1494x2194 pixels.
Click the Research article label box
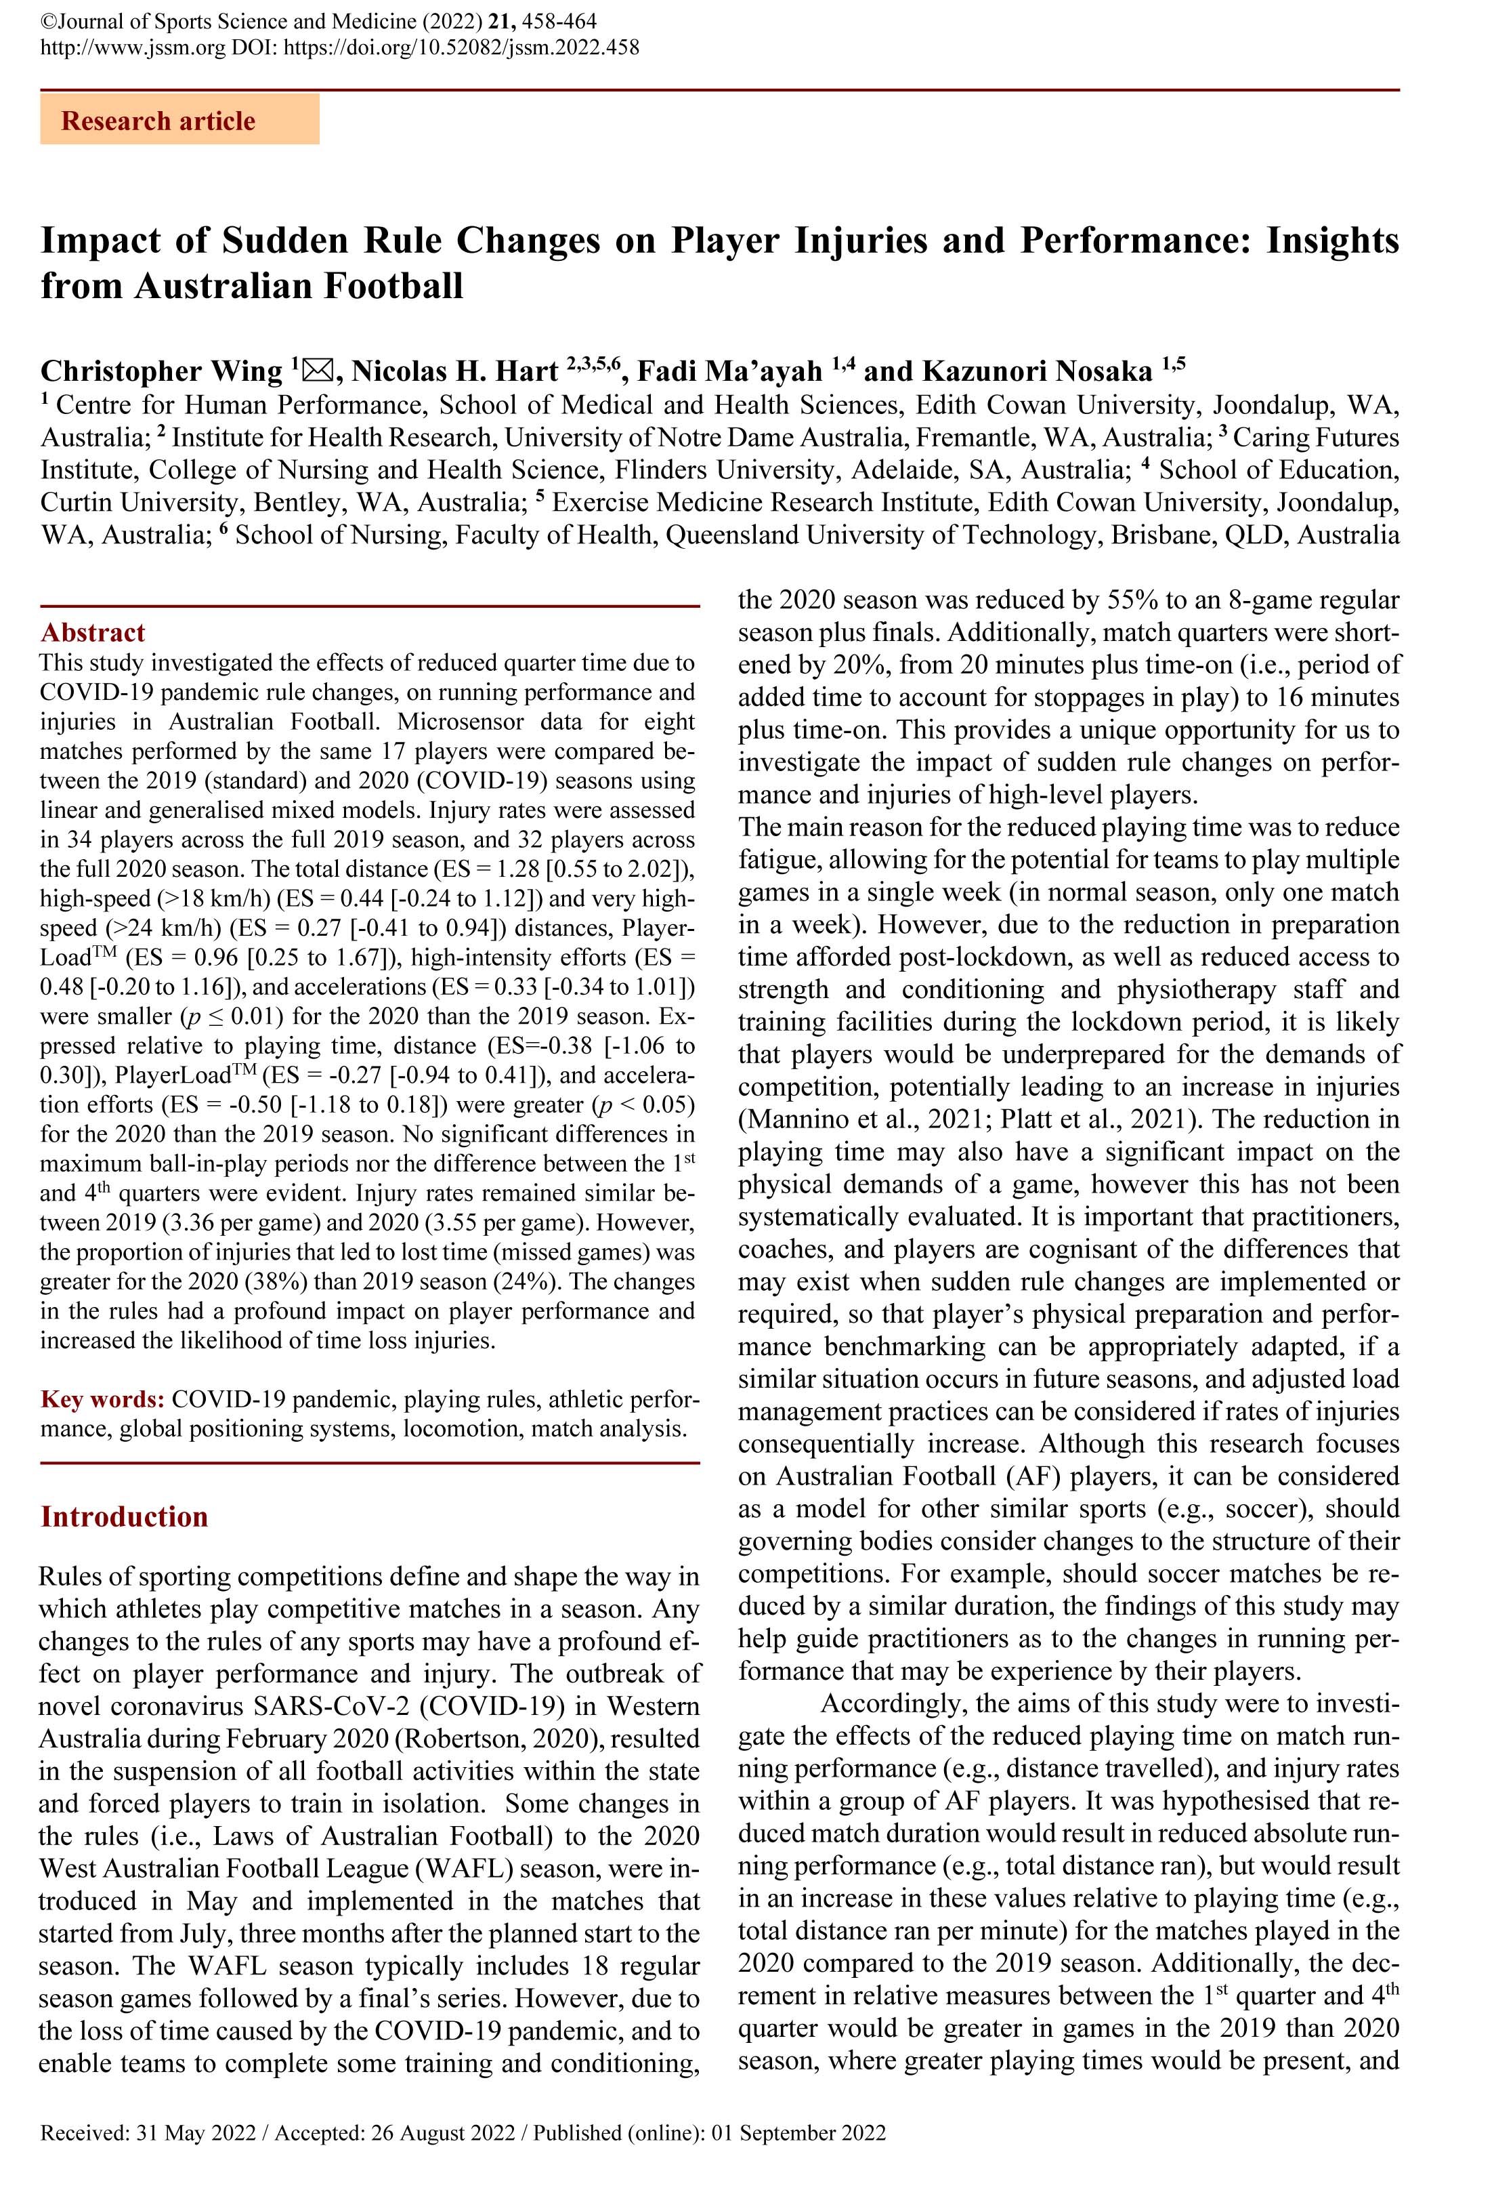(x=179, y=120)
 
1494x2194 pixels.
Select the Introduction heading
(x=124, y=1516)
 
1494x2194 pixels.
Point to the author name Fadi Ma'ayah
(x=729, y=371)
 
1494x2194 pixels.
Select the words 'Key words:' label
(x=103, y=1399)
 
